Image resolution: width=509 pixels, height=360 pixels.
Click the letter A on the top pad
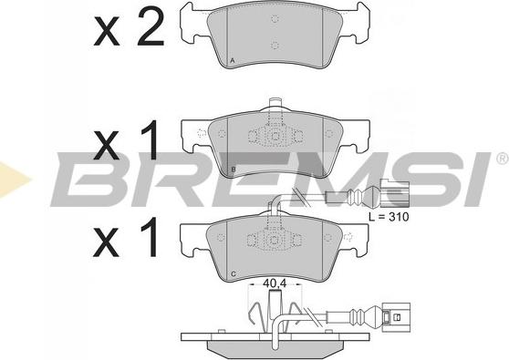(232, 60)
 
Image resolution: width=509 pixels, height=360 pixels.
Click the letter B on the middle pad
(234, 170)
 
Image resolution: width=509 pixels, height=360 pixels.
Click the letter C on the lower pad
(234, 274)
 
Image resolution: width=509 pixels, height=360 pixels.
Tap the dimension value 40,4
(275, 283)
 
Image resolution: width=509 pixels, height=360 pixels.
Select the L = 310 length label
(389, 216)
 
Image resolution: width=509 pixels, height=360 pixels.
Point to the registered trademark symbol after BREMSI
(502, 158)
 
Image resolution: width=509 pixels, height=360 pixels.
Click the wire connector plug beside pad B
(395, 193)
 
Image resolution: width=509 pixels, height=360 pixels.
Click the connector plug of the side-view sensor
(397, 317)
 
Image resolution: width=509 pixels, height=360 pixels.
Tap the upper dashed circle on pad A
(275, 19)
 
